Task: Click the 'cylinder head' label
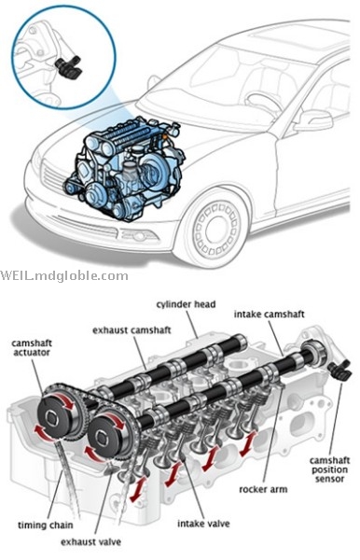[x=186, y=304]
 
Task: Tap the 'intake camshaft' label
[x=269, y=315]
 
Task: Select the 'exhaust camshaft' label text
[x=132, y=330]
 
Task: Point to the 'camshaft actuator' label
[x=32, y=347]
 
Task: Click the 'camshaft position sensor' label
[x=329, y=469]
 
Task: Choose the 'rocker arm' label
[x=263, y=489]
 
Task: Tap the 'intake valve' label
[x=203, y=524]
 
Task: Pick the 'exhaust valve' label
[x=91, y=541]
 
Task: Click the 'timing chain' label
[x=46, y=525]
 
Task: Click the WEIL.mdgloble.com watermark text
[x=64, y=275]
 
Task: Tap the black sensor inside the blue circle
[x=69, y=67]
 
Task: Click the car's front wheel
[x=216, y=230]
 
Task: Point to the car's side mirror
[x=313, y=119]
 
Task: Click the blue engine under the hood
[x=125, y=167]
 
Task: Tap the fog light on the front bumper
[x=139, y=236]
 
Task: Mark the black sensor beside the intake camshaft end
[x=339, y=371]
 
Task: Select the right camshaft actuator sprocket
[x=108, y=433]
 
